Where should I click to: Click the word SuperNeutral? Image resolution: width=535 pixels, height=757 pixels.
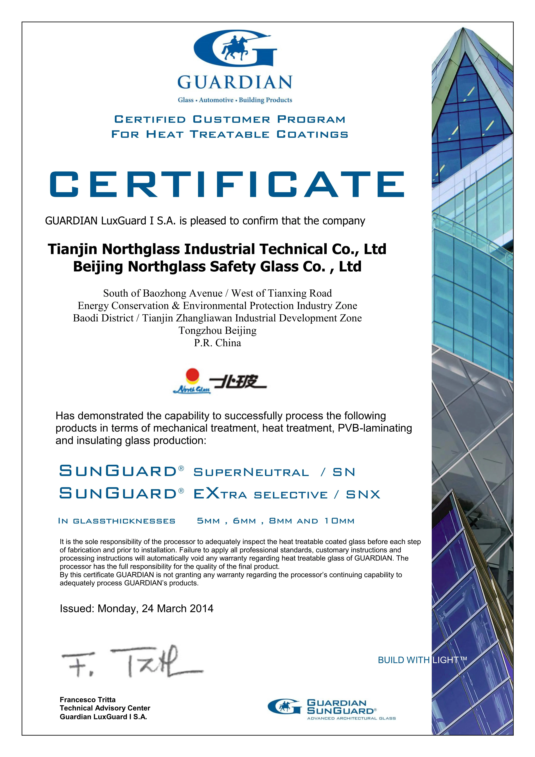coord(251,472)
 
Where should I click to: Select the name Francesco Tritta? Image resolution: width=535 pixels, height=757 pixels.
coord(88,700)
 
